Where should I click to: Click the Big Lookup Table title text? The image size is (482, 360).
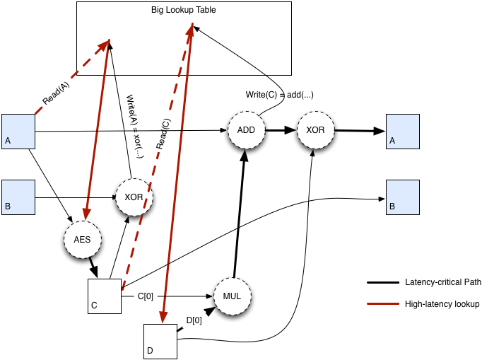pos(183,11)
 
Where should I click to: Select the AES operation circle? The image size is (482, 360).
pos(82,240)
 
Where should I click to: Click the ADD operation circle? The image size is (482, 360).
pos(246,130)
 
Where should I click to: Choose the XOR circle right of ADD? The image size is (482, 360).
pos(315,130)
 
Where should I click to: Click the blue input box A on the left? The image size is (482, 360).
pos(18,131)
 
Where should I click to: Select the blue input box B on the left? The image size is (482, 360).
pos(18,197)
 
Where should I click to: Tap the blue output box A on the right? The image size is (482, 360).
pos(402,131)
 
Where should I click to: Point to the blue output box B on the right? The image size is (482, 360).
pos(402,197)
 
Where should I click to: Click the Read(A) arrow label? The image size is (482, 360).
pos(57,95)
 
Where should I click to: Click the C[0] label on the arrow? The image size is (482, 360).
pos(145,296)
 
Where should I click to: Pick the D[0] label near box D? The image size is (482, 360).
pos(194,320)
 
